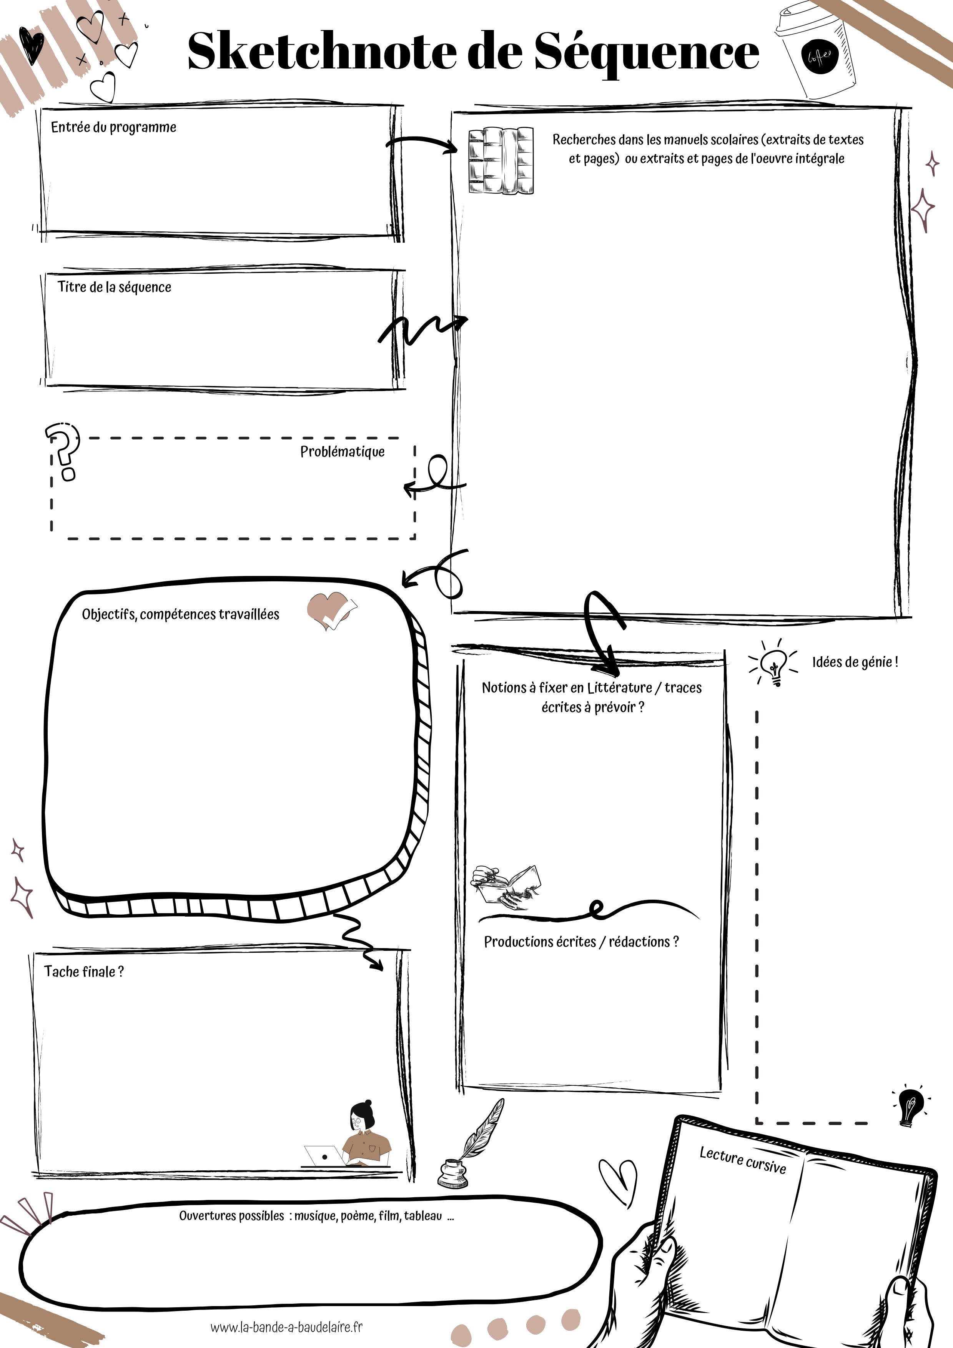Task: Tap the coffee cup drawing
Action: tap(816, 53)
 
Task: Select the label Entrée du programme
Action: tap(113, 127)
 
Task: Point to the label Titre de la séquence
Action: tap(115, 287)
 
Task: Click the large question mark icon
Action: tap(63, 451)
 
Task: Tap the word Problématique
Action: tap(342, 451)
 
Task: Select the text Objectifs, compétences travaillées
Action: tap(180, 614)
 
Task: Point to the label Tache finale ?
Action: tap(84, 971)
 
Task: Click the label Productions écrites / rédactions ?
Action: tap(581, 942)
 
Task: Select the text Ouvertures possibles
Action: tap(231, 1216)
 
